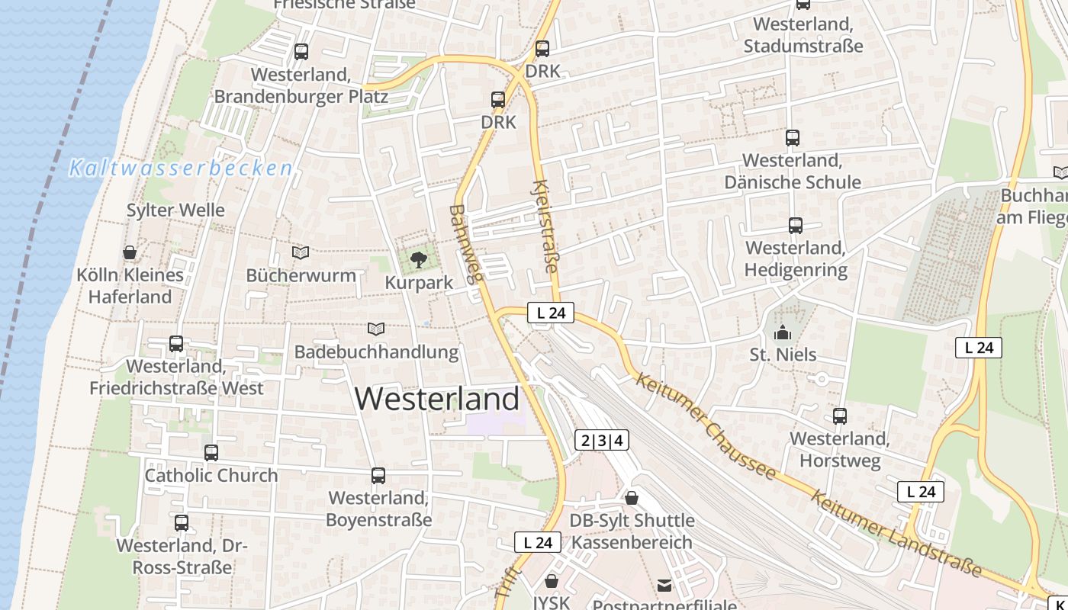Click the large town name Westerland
(x=437, y=399)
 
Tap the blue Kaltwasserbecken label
(x=181, y=168)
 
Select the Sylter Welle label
(x=175, y=210)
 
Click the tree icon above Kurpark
(x=418, y=261)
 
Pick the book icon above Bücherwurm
(x=301, y=252)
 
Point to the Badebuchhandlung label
(x=376, y=352)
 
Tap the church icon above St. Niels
(x=783, y=333)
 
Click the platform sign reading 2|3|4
(x=602, y=440)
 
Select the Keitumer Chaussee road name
(x=705, y=426)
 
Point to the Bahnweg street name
(x=467, y=243)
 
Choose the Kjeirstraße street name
(x=546, y=226)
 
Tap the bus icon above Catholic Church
(x=211, y=453)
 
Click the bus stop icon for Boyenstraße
(x=378, y=476)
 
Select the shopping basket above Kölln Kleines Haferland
(x=130, y=252)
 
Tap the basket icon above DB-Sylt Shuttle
(x=632, y=499)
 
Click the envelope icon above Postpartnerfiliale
(x=664, y=586)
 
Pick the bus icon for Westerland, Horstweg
(x=840, y=416)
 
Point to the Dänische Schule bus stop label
(x=793, y=172)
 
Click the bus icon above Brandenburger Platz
(x=301, y=52)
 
